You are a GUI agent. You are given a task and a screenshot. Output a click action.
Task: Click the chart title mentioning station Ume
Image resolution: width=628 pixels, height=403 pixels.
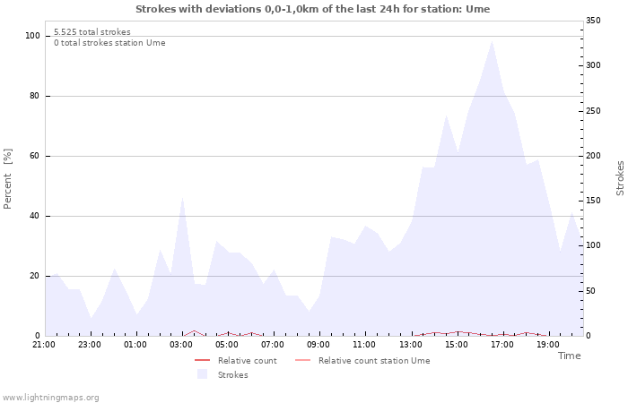pyautogui.click(x=313, y=9)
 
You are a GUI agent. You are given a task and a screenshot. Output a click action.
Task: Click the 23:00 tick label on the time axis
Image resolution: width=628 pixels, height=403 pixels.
pyautogui.click(x=90, y=344)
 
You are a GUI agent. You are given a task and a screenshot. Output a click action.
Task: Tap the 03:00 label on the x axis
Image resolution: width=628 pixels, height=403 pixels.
pyautogui.click(x=181, y=344)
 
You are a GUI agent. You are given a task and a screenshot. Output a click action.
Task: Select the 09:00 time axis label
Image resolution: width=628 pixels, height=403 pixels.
pyautogui.click(x=318, y=344)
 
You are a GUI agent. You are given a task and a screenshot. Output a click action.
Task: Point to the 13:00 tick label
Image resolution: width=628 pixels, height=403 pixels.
pyautogui.click(x=411, y=344)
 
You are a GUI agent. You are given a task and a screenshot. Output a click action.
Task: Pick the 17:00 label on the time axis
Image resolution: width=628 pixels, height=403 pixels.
pyautogui.click(x=502, y=344)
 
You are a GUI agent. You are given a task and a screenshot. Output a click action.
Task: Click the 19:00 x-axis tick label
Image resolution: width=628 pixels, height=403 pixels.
pyautogui.click(x=548, y=344)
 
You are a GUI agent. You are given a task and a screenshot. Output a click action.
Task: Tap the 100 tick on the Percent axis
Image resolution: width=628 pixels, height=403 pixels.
pyautogui.click(x=33, y=36)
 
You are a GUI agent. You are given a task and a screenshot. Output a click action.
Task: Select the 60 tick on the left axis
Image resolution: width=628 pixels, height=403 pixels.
pyautogui.click(x=35, y=156)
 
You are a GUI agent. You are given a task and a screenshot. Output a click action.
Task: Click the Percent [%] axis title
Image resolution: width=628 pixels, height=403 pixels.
pyautogui.click(x=8, y=179)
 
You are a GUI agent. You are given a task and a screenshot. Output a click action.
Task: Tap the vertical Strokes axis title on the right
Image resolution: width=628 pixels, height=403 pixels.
pyautogui.click(x=620, y=178)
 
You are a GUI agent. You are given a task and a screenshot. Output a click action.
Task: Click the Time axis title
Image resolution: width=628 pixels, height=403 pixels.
pyautogui.click(x=569, y=356)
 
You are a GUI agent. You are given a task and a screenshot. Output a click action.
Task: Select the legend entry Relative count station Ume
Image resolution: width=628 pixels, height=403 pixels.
pyautogui.click(x=373, y=361)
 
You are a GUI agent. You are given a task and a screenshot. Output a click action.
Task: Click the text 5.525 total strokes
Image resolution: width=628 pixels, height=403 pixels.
pyautogui.click(x=92, y=32)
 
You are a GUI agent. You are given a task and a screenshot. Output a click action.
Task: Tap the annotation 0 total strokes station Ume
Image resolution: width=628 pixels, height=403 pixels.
pyautogui.click(x=109, y=43)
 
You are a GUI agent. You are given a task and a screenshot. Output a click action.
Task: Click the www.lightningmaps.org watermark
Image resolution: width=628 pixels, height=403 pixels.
pyautogui.click(x=50, y=398)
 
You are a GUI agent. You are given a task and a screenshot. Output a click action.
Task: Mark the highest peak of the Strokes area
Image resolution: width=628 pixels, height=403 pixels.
pyautogui.click(x=492, y=40)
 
